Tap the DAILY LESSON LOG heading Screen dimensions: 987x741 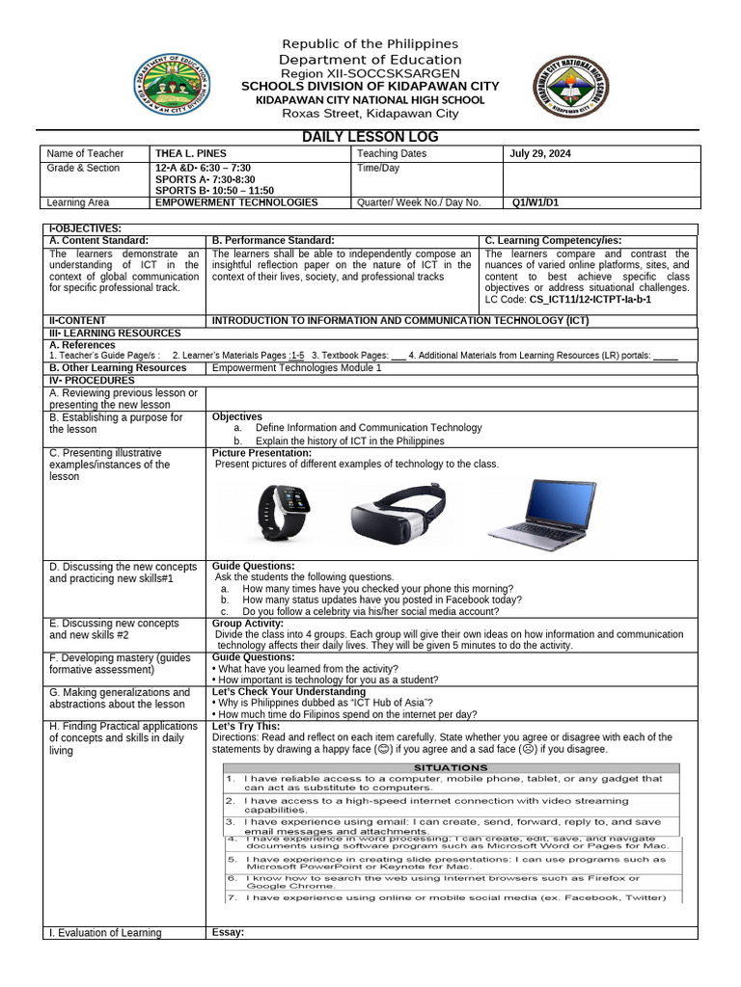[x=370, y=137]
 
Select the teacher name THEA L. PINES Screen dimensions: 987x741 [x=189, y=153]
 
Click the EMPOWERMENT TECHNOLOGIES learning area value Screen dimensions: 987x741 [x=236, y=202]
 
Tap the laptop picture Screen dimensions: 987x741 [x=541, y=510]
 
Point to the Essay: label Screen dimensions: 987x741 [x=228, y=932]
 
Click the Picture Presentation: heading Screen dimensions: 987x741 [x=261, y=452]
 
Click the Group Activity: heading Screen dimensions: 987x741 [x=249, y=623]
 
